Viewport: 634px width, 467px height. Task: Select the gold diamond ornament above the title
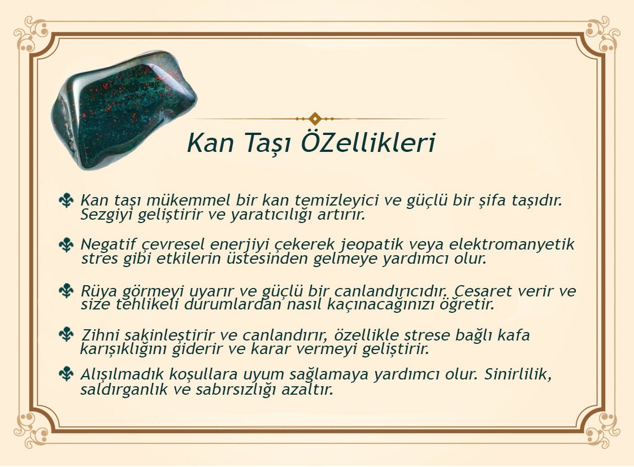pyautogui.click(x=315, y=119)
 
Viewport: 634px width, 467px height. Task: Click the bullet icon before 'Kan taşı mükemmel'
pyautogui.click(x=66, y=200)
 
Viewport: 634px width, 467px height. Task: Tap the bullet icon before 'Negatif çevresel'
pyautogui.click(x=66, y=245)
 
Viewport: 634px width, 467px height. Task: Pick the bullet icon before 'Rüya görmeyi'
pyautogui.click(x=66, y=290)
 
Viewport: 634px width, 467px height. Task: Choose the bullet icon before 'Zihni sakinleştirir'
pyautogui.click(x=66, y=334)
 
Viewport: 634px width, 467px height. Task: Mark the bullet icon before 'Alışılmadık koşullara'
pyautogui.click(x=66, y=374)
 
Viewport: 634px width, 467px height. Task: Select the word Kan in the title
pyautogui.click(x=211, y=143)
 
